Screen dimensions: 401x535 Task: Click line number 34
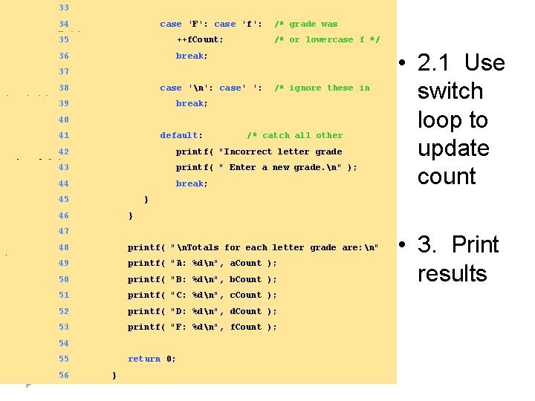[63, 25]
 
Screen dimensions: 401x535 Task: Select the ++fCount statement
[199, 40]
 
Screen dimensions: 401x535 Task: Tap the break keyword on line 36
[192, 56]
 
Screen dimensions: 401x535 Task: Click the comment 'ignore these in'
[322, 88]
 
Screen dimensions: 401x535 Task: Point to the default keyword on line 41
[181, 136]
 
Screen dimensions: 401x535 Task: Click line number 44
[63, 183]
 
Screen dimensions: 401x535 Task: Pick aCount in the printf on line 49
[245, 264]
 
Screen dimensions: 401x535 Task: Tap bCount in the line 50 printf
[245, 280]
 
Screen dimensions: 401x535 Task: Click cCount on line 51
[245, 296]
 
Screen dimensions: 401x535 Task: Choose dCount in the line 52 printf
[245, 312]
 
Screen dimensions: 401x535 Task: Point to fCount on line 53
[245, 327]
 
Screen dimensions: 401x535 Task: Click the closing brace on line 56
[114, 376]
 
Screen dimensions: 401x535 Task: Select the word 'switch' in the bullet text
[450, 91]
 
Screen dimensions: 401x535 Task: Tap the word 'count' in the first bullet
[447, 177]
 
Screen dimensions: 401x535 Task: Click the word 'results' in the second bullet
[452, 273]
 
